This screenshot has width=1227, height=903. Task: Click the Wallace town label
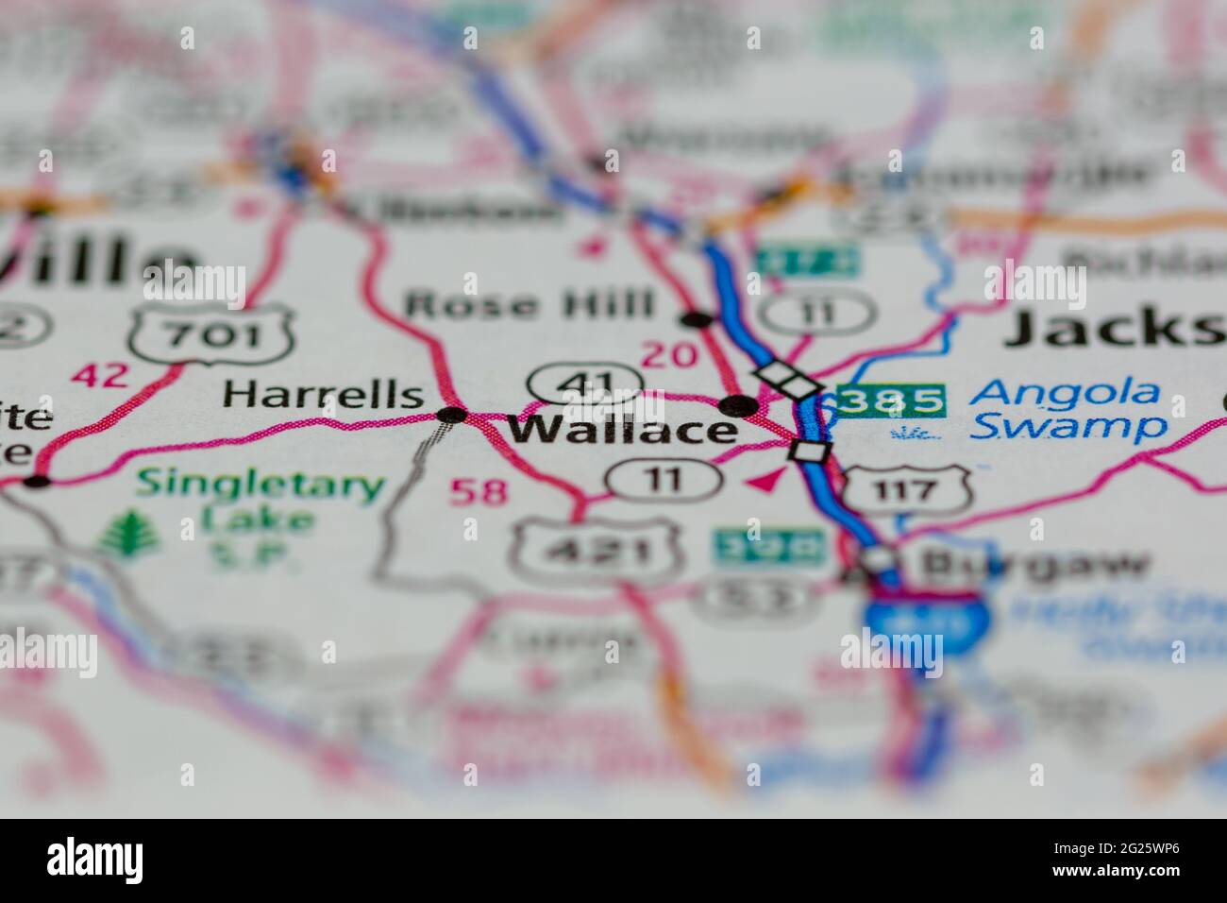(623, 430)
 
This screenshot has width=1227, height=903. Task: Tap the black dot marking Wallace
(738, 407)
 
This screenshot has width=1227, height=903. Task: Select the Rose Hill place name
(529, 305)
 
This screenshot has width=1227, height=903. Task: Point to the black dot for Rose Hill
(698, 319)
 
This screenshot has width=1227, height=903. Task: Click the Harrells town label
(322, 394)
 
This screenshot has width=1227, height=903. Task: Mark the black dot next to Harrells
(453, 415)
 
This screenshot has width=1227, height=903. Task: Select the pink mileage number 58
(479, 491)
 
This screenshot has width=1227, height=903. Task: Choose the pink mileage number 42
(100, 375)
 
